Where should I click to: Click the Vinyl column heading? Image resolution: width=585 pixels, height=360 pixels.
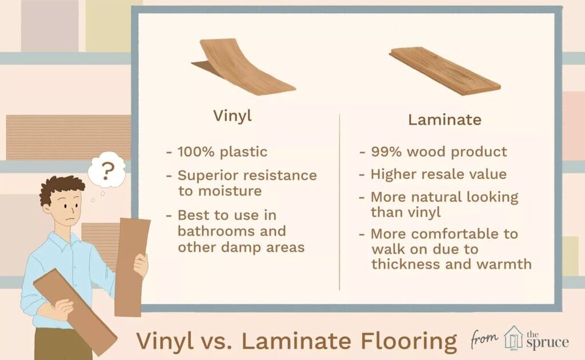(233, 116)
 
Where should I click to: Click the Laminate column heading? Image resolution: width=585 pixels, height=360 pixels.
(444, 120)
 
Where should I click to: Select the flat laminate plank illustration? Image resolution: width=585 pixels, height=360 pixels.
(444, 71)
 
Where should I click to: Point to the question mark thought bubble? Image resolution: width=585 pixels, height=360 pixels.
(107, 170)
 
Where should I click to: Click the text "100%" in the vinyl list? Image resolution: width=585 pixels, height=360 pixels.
(196, 152)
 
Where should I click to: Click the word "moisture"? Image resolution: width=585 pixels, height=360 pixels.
(230, 191)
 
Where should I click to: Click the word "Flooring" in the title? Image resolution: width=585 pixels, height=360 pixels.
(408, 341)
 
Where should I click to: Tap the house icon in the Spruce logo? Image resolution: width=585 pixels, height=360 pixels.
(514, 337)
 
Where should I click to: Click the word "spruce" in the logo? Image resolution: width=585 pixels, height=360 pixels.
(548, 342)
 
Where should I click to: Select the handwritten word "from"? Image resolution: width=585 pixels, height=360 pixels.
(484, 339)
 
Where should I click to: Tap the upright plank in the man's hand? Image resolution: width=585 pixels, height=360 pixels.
(131, 267)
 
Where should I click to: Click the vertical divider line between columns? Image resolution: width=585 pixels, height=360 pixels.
(339, 202)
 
